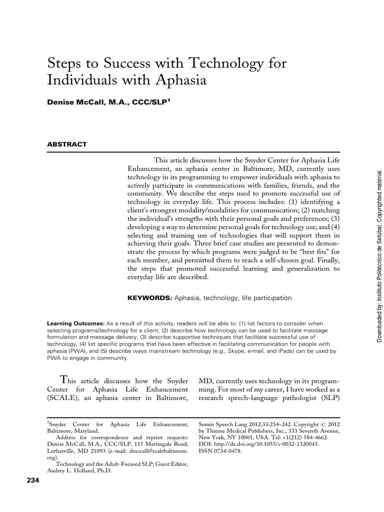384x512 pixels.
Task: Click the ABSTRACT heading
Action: pyautogui.click(x=66, y=144)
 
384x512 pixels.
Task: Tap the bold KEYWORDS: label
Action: pyautogui.click(x=149, y=298)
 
